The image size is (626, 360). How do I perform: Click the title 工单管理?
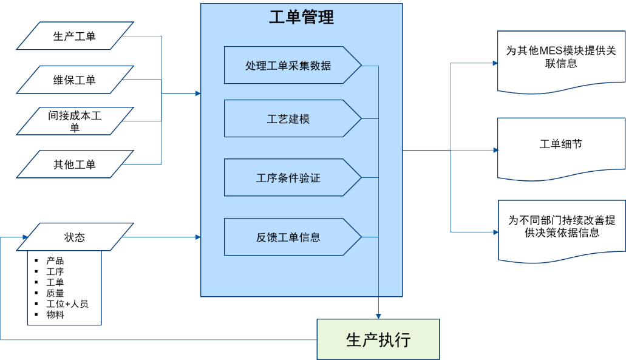point(301,18)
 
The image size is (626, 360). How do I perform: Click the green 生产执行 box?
point(378,339)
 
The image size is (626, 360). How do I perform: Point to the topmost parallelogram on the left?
point(75,36)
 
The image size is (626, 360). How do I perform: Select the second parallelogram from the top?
point(75,80)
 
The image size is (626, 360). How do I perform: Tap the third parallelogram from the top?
point(75,121)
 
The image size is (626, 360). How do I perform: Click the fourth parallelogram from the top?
point(75,164)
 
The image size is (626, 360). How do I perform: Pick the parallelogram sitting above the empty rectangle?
point(75,237)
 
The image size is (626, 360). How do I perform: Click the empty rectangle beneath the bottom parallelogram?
point(64,288)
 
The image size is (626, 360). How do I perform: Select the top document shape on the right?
point(561,61)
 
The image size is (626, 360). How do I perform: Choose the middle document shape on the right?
point(561,148)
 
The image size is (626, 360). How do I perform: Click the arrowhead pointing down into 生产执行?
point(378,316)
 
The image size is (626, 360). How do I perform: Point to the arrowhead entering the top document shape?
point(494,63)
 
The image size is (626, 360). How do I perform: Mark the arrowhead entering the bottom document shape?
point(494,231)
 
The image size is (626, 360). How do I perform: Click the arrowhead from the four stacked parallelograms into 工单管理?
point(197,93)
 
